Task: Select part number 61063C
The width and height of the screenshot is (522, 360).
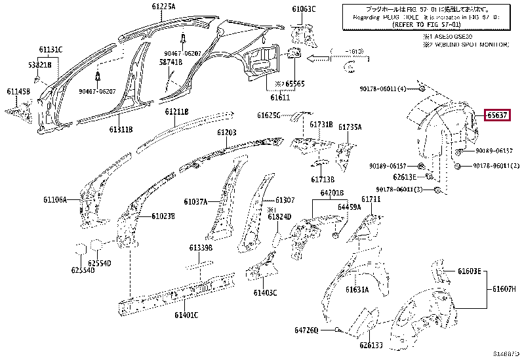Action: tap(304, 9)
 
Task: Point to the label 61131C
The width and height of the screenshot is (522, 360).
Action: tap(50, 50)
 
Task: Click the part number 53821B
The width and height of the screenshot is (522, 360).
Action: tap(39, 64)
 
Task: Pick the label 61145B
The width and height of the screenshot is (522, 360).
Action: tap(18, 92)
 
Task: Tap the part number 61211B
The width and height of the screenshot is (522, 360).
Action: tap(176, 112)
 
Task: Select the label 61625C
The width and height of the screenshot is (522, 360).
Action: tap(269, 115)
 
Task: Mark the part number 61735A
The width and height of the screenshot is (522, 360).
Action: tap(350, 127)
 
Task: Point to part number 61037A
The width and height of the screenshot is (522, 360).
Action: tap(195, 202)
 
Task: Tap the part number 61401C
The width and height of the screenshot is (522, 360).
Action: tap(186, 315)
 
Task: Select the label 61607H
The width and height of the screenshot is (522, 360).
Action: tap(504, 289)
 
